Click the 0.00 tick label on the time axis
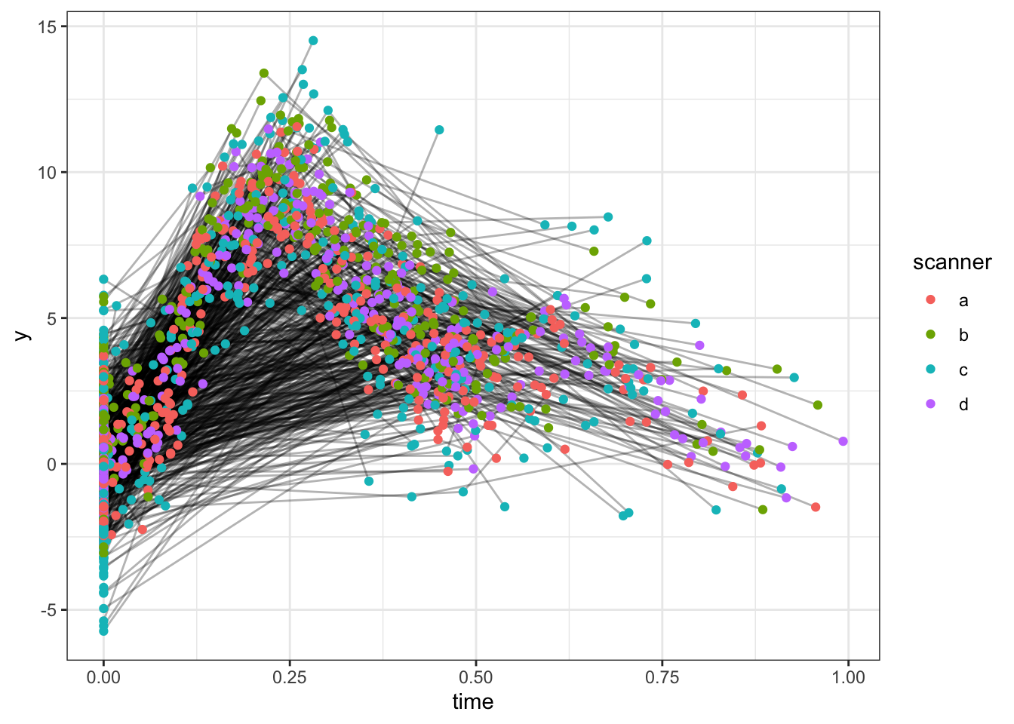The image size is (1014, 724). [x=103, y=676]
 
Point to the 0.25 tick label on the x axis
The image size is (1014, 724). [x=290, y=676]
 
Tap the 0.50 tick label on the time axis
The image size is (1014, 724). [x=476, y=676]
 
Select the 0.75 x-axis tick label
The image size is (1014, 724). [x=662, y=676]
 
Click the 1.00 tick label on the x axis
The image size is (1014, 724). [x=848, y=676]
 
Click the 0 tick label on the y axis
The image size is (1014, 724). [x=51, y=464]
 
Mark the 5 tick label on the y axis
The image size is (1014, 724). [x=51, y=318]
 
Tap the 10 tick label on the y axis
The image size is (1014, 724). [x=48, y=172]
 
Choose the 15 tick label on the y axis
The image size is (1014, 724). [x=48, y=26]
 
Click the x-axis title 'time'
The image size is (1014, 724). [x=473, y=702]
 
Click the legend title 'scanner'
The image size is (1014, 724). [x=952, y=262]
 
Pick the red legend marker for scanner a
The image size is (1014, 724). [x=930, y=300]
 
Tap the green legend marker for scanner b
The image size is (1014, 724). [x=930, y=335]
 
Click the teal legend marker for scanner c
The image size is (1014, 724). [x=930, y=370]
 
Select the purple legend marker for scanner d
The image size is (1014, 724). [x=930, y=404]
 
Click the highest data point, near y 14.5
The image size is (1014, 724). [x=313, y=41]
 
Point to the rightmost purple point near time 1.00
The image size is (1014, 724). [x=843, y=441]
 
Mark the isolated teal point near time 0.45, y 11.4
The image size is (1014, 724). [x=439, y=130]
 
